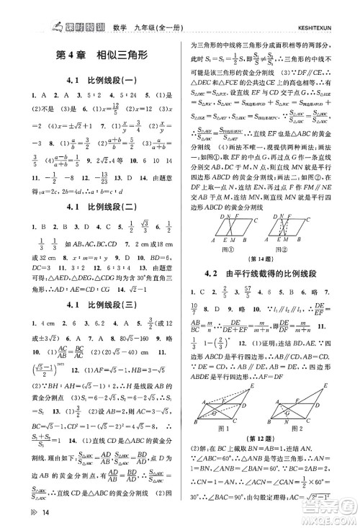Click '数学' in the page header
pyautogui.click(x=120, y=9)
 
